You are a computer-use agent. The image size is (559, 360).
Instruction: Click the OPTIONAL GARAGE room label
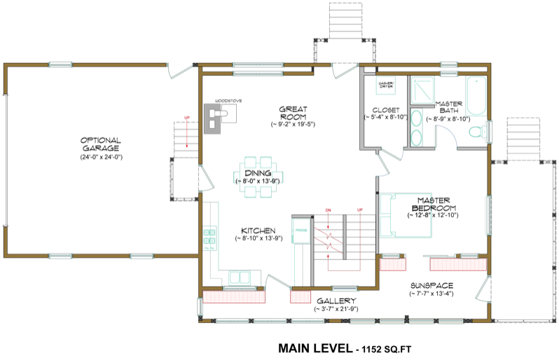click(99, 144)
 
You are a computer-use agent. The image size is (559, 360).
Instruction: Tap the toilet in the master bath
click(478, 132)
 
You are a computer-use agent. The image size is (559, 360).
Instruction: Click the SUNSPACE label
click(432, 286)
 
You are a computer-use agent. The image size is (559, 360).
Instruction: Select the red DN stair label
click(328, 209)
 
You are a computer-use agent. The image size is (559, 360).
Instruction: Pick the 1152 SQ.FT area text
click(389, 348)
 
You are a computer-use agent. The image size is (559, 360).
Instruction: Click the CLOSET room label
click(385, 111)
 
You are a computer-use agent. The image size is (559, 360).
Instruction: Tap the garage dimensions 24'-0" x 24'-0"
click(101, 158)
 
